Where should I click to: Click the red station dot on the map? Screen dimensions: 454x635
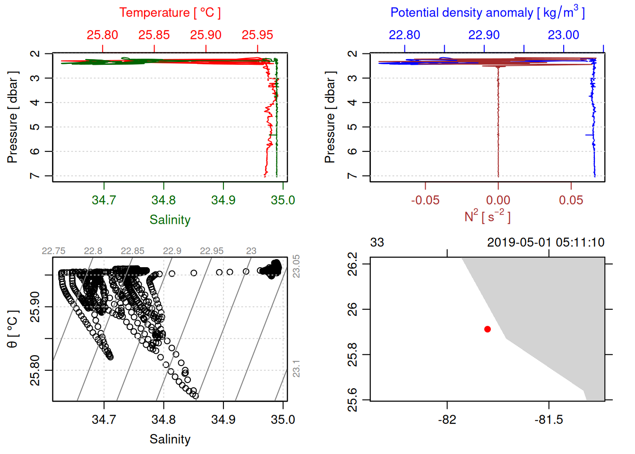pos(487,329)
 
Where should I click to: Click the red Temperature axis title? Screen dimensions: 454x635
pos(170,13)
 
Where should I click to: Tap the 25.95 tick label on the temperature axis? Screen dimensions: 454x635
pos(257,35)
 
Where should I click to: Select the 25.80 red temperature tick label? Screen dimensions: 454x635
pos(102,35)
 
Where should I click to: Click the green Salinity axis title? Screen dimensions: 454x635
pos(170,220)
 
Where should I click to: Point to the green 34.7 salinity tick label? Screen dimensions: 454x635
pos(103,200)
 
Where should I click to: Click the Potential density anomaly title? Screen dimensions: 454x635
pos(487,13)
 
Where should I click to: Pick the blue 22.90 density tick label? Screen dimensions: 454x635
pos(484,35)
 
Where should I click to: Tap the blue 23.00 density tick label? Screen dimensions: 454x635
pos(563,35)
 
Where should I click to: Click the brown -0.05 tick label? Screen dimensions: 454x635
pos(425,200)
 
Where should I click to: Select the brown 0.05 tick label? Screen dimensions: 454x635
pos(571,200)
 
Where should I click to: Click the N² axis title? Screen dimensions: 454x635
pos(487,216)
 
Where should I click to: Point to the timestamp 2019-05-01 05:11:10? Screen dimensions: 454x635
pos(546,243)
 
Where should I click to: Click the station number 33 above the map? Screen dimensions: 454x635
pos(377,243)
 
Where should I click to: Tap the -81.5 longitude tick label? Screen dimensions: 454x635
pos(549,419)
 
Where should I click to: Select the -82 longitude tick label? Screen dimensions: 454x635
pos(447,419)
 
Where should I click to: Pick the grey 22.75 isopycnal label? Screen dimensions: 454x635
pos(53,251)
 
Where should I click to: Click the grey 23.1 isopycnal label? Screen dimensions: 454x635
pos(296,369)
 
